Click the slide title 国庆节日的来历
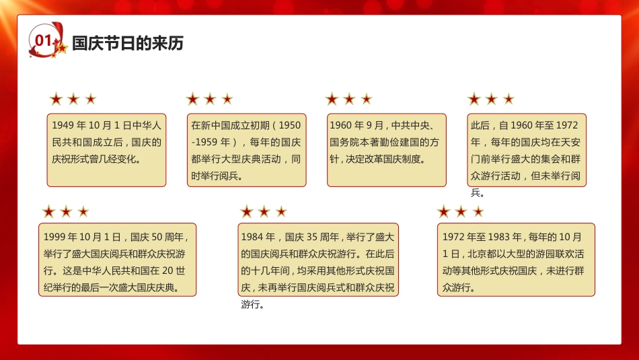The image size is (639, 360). point(127,44)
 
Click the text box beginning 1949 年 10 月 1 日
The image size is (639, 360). point(106,149)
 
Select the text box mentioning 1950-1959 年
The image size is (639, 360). point(246,149)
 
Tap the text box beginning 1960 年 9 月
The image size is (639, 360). point(386,149)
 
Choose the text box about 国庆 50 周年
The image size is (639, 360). point(117,260)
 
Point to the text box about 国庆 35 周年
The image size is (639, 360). point(319,260)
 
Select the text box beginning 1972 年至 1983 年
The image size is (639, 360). point(516,260)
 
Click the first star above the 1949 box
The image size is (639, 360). point(56,100)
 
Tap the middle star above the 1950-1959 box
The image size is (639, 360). point(210,100)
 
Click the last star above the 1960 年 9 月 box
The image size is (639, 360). point(367,100)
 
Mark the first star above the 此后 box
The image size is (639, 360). point(474,100)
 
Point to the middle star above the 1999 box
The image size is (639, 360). point(66,212)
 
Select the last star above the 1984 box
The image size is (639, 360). point(281,212)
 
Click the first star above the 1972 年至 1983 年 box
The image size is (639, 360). point(443,212)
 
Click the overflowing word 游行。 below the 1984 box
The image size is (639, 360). point(252,304)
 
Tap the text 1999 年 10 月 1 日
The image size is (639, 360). point(81,237)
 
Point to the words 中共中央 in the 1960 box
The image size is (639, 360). point(409,125)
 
